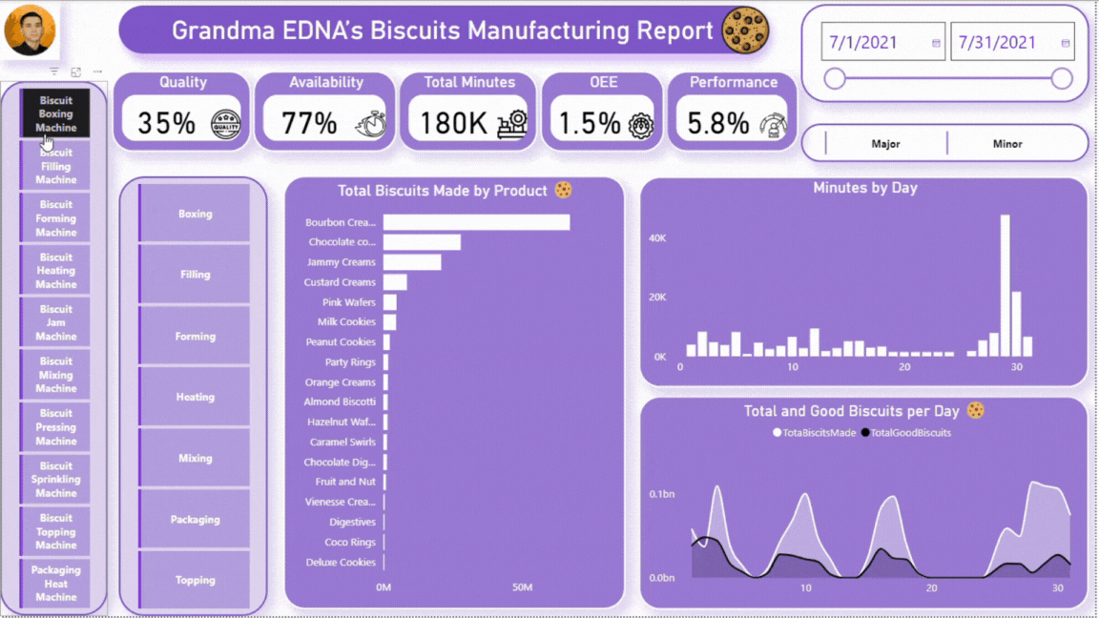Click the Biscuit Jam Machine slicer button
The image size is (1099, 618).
tap(56, 322)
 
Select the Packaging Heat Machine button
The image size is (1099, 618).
tap(56, 584)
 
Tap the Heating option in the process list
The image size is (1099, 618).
tap(195, 397)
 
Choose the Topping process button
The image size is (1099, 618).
tap(195, 580)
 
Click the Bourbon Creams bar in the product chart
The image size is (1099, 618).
tap(476, 222)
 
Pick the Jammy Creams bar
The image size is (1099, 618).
tap(412, 262)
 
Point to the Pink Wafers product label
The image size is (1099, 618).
tap(348, 302)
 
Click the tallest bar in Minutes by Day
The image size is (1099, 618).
tap(1005, 285)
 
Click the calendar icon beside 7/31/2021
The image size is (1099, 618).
tap(1066, 43)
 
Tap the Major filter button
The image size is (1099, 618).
tap(885, 144)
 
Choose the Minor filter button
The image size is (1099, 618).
tap(1007, 144)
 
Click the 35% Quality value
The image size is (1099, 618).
tap(166, 123)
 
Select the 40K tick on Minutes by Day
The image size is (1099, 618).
tap(656, 237)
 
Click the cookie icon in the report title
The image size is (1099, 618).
tap(745, 31)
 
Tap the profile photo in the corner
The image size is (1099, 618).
tap(31, 31)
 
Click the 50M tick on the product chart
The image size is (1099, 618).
tap(522, 587)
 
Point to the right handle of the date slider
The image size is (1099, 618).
tap(1062, 78)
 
